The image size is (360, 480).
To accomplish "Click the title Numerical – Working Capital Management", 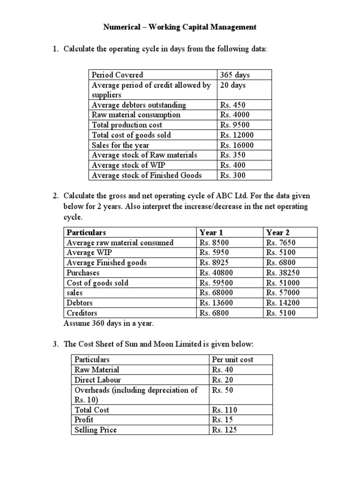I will click(180, 27).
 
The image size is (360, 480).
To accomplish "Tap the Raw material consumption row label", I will click(136, 115).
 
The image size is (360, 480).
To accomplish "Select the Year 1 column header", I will click(209, 232).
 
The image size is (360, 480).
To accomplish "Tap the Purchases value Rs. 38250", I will click(283, 273).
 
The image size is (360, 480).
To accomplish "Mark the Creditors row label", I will click(82, 313).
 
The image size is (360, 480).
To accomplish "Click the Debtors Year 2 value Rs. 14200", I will click(283, 303).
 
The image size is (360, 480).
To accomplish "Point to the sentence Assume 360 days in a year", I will click(108, 323).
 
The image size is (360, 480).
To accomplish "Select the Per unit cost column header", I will click(232, 360).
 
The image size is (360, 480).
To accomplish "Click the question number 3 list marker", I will click(55, 345).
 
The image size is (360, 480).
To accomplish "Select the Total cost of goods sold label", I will click(131, 135).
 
